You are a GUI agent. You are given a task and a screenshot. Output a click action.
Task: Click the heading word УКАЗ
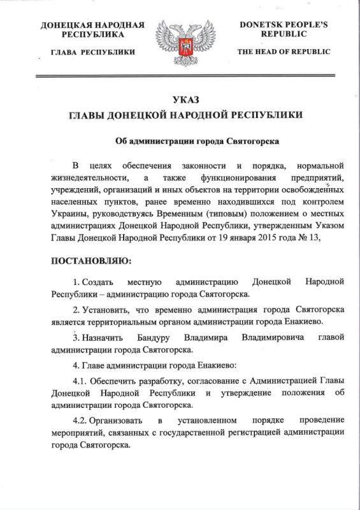click(180, 99)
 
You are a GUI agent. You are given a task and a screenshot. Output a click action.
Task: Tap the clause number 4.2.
click(81, 422)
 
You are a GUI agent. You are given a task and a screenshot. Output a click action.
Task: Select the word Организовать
click(118, 422)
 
